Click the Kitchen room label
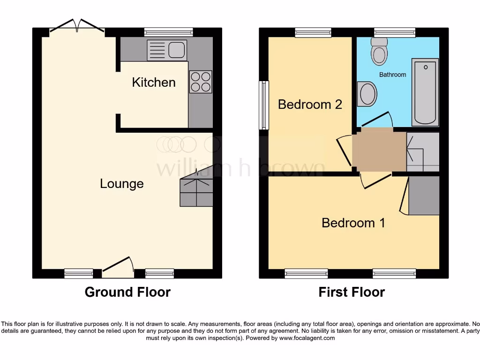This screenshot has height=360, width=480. point(154,82)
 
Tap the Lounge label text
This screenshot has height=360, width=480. point(122,184)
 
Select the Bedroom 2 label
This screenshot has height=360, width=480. point(310,104)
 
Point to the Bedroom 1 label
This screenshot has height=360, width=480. point(353,223)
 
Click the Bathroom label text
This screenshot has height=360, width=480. point(392,75)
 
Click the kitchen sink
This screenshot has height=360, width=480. point(166,50)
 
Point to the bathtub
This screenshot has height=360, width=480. point(425,92)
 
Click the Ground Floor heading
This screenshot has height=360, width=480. point(127,292)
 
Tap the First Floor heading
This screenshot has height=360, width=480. point(352,292)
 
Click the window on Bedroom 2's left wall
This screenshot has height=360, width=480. point(265,105)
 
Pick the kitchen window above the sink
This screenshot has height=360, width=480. point(168,32)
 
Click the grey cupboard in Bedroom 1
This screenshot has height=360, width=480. point(424,195)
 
